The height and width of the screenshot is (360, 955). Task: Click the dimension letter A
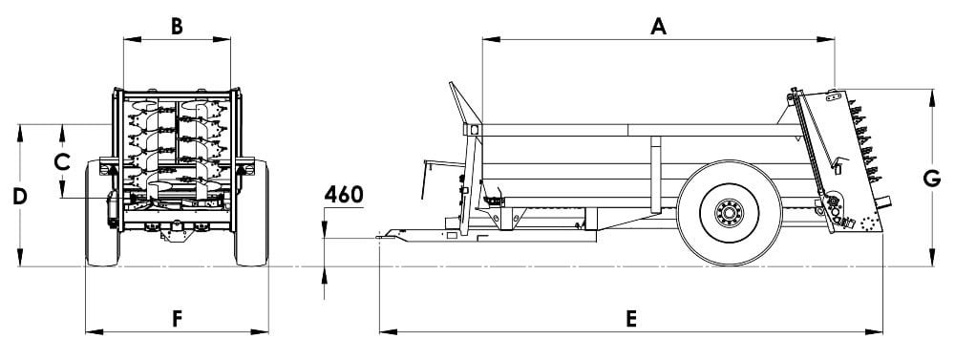click(658, 27)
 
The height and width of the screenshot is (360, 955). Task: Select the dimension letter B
click(177, 27)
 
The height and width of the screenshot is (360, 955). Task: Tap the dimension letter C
click(61, 162)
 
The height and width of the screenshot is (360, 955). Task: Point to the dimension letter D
click(20, 197)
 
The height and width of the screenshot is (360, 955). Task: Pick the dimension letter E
click(631, 319)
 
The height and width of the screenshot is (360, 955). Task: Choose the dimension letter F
click(177, 319)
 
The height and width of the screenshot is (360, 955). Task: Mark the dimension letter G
click(932, 179)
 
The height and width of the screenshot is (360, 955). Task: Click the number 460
click(344, 194)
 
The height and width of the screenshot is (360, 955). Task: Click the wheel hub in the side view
click(729, 213)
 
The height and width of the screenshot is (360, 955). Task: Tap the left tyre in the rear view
click(102, 213)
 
